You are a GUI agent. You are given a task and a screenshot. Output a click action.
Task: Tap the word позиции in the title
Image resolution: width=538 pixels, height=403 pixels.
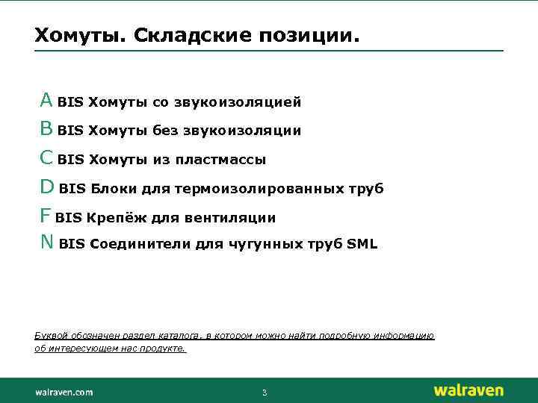(x=308, y=36)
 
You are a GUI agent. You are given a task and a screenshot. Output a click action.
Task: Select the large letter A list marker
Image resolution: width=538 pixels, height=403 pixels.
(x=46, y=100)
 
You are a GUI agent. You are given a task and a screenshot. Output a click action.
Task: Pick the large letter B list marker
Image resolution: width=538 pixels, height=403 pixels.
(x=46, y=129)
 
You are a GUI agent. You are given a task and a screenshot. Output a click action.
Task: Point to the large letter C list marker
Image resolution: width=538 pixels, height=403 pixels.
(x=46, y=158)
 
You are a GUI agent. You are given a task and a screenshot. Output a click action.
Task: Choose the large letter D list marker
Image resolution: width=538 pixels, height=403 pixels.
(x=46, y=187)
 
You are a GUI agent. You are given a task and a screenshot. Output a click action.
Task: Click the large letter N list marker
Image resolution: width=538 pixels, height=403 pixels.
(x=46, y=243)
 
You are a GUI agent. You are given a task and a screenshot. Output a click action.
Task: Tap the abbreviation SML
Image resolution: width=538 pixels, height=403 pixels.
(x=362, y=244)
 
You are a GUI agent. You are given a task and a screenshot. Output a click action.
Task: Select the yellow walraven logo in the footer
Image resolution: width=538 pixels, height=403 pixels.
(x=469, y=390)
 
